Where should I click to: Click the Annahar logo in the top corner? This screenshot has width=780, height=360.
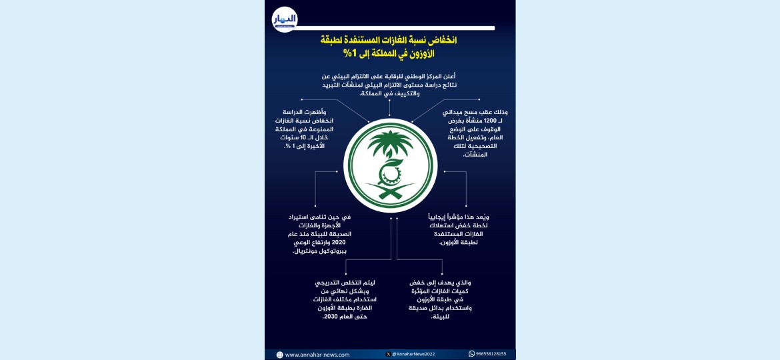click(x=285, y=19)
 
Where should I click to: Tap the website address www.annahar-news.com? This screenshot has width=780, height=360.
click(x=317, y=355)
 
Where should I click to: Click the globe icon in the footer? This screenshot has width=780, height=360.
click(x=279, y=355)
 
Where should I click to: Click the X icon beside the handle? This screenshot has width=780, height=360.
click(x=389, y=354)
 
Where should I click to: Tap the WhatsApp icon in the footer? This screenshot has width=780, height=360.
click(x=471, y=354)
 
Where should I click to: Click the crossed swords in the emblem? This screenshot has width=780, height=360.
click(x=390, y=194)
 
